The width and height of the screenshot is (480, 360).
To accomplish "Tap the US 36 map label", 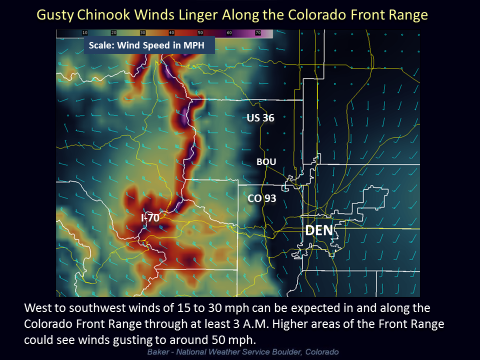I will (x=260, y=118).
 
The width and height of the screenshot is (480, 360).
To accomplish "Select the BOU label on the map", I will (x=266, y=161).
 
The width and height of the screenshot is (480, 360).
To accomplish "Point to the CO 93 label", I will (x=262, y=198).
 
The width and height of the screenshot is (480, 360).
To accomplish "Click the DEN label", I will (x=319, y=230).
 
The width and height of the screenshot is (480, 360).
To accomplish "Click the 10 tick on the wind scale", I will (x=85, y=33).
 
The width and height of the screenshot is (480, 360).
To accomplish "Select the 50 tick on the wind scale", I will (x=200, y=33).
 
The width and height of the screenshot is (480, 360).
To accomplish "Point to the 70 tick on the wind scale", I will (x=258, y=33).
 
